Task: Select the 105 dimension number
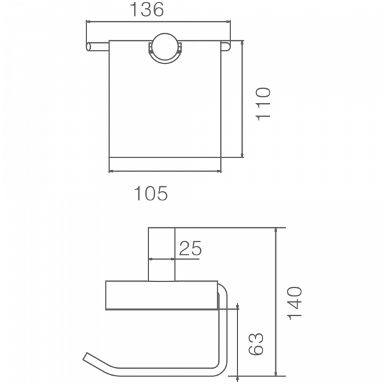click(150, 193)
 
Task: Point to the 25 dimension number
click(189, 248)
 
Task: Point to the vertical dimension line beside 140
click(276, 301)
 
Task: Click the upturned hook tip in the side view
click(88, 357)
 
